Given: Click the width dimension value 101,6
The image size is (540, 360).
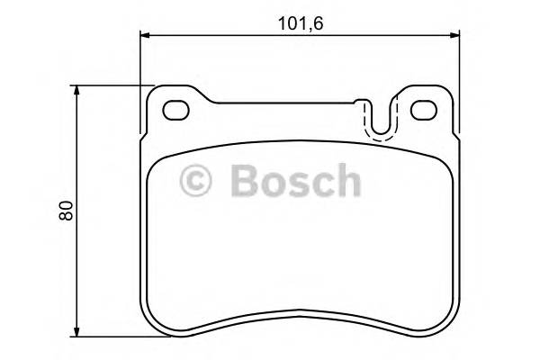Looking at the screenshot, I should [x=300, y=22].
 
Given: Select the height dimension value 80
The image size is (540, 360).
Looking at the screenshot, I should [x=65, y=211].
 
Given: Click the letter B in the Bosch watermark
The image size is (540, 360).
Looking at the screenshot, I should [x=245, y=180].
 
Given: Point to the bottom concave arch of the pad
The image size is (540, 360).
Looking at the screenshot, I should [x=301, y=313].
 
